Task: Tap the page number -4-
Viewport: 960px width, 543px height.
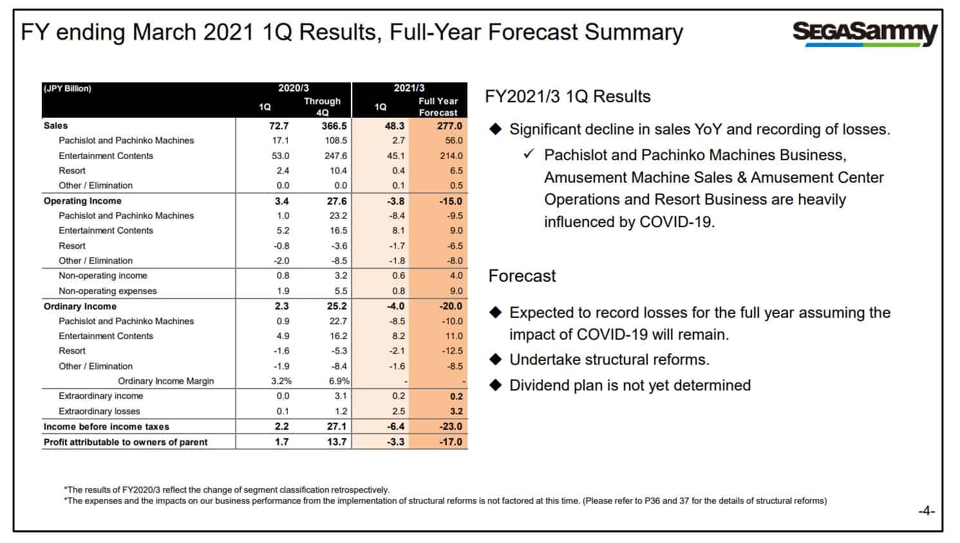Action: click(926, 511)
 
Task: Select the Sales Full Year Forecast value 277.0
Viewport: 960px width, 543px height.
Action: click(449, 125)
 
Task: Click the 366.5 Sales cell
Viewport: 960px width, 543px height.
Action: click(334, 125)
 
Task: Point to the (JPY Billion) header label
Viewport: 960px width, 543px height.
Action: click(68, 89)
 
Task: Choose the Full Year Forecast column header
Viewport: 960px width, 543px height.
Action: click(438, 106)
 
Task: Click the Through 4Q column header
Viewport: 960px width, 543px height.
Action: click(322, 106)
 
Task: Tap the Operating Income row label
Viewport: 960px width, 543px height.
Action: click(82, 201)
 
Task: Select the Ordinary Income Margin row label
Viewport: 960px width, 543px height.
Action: click(165, 381)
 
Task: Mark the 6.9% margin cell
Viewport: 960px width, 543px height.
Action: click(339, 381)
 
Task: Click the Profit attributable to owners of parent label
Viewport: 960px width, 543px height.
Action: click(126, 442)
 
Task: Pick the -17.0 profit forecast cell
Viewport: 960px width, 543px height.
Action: click(451, 442)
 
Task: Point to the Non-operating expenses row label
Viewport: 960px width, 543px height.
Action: click(108, 291)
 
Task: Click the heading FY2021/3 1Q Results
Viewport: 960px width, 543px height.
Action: click(567, 97)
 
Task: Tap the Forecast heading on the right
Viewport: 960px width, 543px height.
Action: click(522, 276)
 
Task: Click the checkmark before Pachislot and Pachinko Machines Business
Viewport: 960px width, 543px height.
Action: click(529, 154)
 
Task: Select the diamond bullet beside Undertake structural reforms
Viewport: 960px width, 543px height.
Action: click(495, 359)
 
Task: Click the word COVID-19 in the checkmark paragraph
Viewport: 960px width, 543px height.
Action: click(676, 222)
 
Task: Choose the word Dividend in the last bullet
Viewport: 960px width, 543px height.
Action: click(540, 385)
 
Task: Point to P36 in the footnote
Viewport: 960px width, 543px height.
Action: click(652, 501)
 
